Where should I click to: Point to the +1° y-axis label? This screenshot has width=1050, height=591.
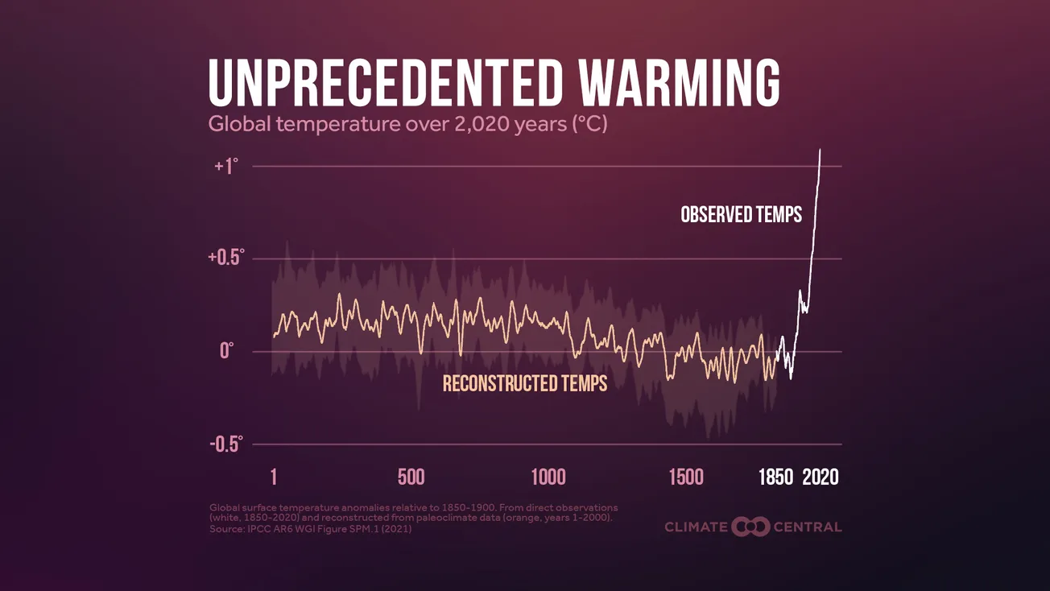[x=227, y=167]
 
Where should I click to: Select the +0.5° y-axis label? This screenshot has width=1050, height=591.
[x=225, y=258]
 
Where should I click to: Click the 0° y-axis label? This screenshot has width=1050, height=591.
[x=226, y=351]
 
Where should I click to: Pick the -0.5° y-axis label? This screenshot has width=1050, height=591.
[x=225, y=444]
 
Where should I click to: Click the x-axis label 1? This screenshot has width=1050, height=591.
[x=274, y=477]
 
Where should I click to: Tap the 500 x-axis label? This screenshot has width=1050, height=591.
[x=411, y=477]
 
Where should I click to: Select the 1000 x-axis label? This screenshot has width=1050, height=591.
[x=548, y=477]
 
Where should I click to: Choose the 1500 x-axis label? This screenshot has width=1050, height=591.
[x=686, y=477]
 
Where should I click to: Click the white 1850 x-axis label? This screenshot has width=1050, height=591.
[x=776, y=477]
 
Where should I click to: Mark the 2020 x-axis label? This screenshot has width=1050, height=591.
[x=821, y=477]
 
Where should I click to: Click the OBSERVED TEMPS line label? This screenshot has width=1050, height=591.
[x=741, y=215]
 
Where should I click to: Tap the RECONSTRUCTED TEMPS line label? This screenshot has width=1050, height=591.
[x=524, y=383]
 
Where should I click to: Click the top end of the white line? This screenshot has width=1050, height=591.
[x=821, y=150]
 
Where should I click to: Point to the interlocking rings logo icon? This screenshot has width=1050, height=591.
[x=750, y=527]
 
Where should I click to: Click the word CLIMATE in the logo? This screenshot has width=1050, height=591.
[x=695, y=527]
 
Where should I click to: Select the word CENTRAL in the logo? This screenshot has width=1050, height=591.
[x=808, y=527]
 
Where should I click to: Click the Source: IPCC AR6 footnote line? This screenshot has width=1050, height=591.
[x=310, y=529]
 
